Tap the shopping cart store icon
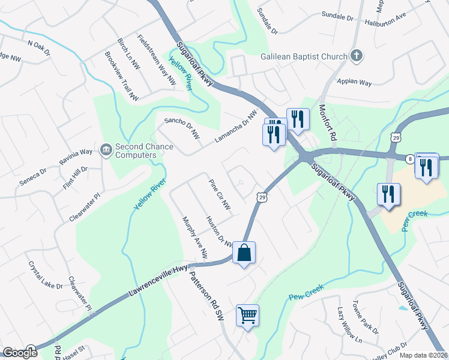coord(248,314)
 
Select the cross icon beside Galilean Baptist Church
coord(357,57)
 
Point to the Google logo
coord(20,353)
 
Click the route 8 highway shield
coord(409,159)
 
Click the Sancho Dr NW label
coord(182,126)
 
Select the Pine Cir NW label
coord(220,194)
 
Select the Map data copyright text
coord(423,355)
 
